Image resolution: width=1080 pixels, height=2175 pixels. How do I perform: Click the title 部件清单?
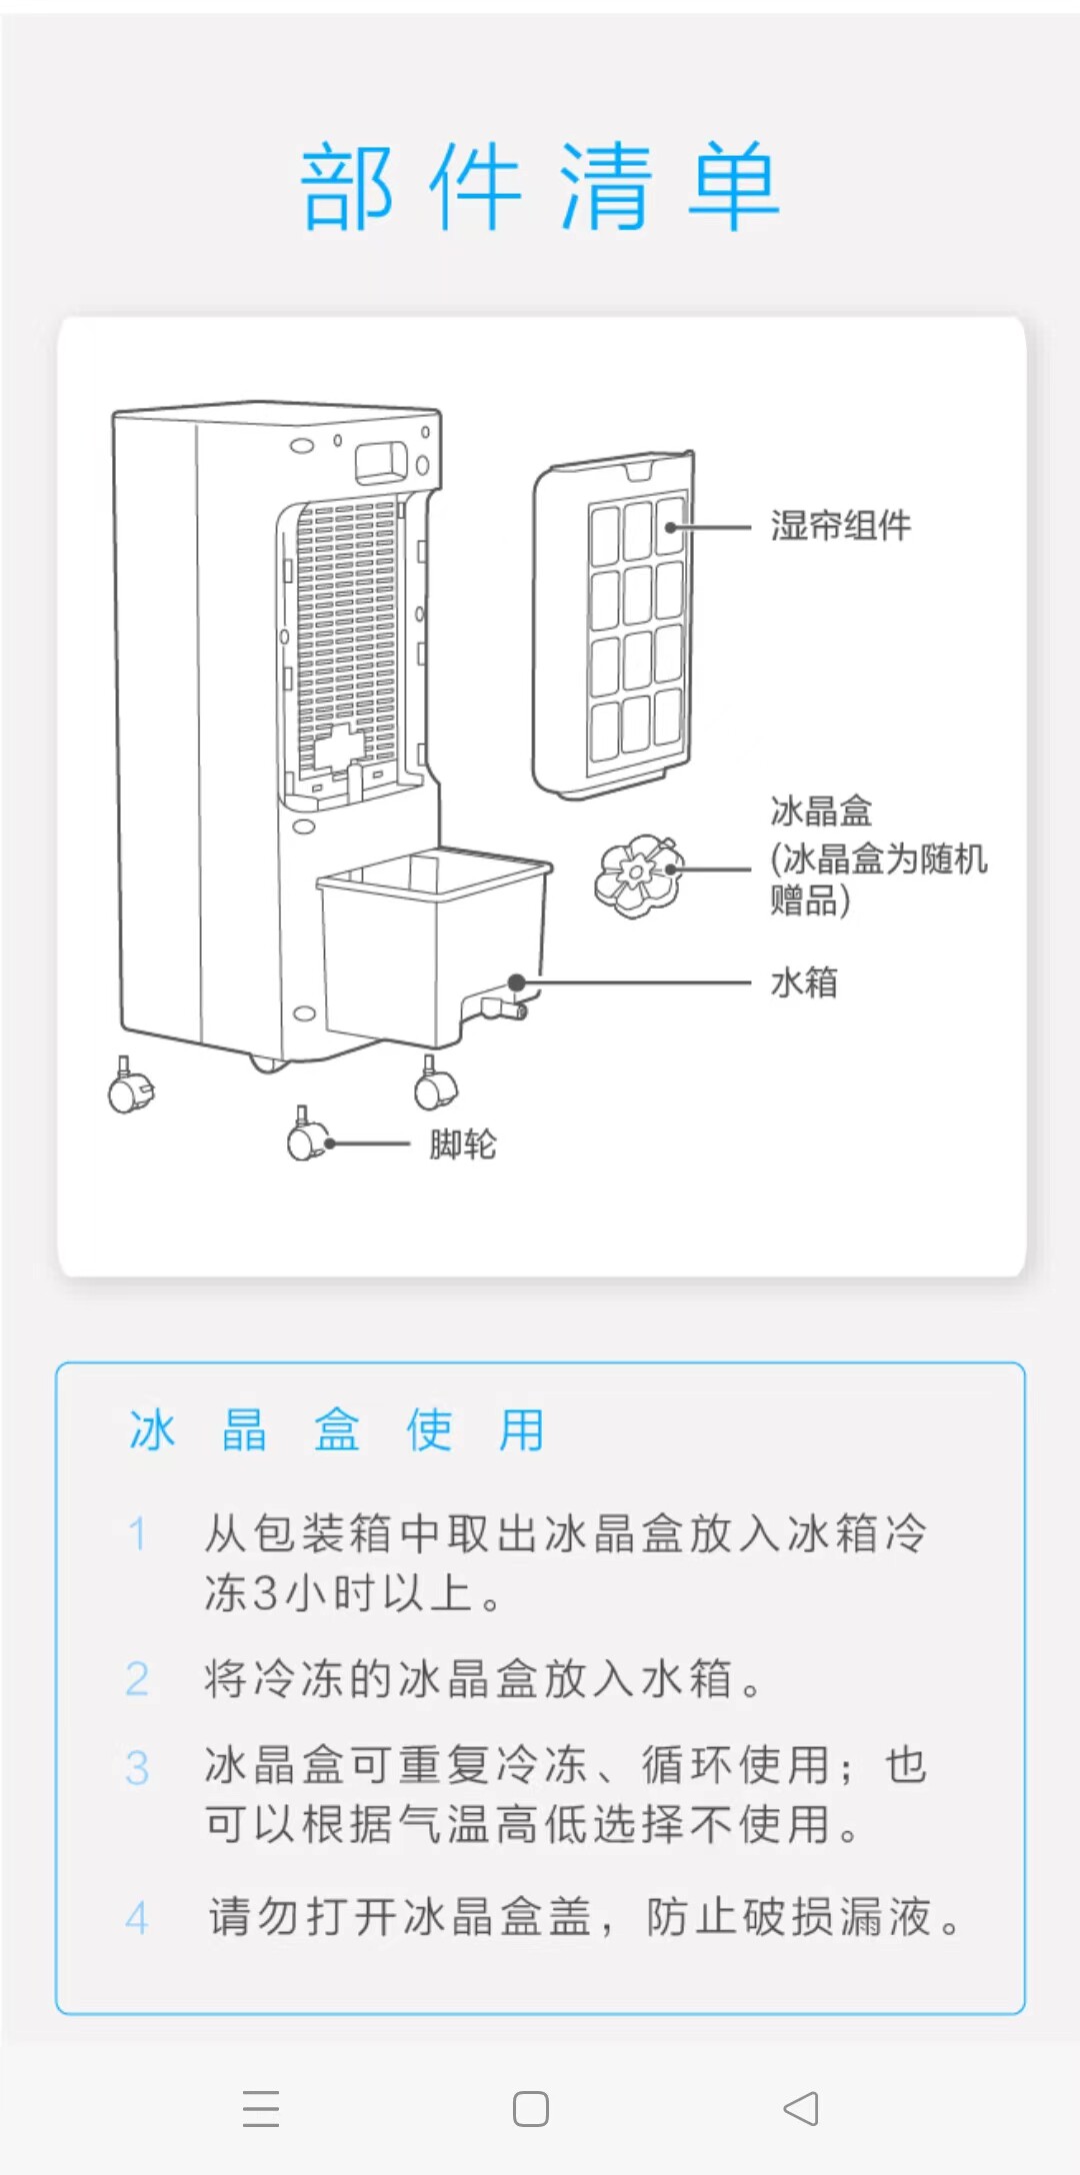coord(540,186)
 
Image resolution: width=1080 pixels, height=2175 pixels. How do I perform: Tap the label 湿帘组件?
coord(840,526)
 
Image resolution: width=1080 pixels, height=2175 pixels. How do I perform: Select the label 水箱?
coord(804,983)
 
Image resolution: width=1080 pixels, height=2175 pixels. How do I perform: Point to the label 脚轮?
coord(462,1144)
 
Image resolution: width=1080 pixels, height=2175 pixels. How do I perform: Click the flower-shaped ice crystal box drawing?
coord(639,876)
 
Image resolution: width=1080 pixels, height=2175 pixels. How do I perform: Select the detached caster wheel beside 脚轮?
coord(306,1136)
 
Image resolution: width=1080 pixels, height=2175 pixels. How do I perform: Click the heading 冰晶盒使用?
coord(337,1430)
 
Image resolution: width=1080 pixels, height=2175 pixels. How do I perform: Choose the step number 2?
coord(137,1679)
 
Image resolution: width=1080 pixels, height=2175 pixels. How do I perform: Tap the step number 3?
coord(137,1767)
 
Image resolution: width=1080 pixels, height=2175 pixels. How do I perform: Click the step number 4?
coord(137,1918)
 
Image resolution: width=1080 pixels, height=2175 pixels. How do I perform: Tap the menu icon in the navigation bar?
coord(261,2108)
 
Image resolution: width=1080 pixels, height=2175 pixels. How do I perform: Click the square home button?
coord(530,2109)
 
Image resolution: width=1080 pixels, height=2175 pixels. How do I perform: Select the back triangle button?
coord(801,2108)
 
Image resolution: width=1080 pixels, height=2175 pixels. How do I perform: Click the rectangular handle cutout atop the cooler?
coord(383,459)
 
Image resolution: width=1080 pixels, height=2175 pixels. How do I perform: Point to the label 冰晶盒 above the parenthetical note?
coord(821,812)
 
